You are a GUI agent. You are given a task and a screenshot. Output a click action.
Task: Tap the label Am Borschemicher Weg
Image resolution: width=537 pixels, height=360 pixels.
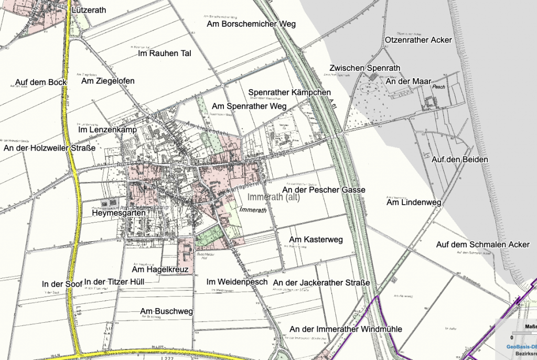point(251,24)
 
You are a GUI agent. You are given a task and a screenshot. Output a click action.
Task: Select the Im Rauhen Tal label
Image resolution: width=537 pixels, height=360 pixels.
point(164,54)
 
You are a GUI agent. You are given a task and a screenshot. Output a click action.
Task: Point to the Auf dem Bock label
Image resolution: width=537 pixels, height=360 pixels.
point(41,82)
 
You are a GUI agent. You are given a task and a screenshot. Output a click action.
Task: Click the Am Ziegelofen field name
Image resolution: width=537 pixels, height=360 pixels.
point(108,81)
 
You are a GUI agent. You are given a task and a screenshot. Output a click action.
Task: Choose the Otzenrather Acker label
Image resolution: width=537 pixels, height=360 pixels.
point(418,40)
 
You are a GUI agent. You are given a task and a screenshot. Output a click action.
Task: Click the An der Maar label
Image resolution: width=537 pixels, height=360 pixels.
point(408,81)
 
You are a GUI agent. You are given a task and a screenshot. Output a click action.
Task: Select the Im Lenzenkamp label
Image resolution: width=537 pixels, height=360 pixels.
point(107,129)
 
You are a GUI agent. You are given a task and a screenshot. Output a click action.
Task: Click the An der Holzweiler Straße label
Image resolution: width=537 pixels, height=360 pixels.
point(49,149)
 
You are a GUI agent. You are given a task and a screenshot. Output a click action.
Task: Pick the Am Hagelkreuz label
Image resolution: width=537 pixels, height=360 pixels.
point(156,270)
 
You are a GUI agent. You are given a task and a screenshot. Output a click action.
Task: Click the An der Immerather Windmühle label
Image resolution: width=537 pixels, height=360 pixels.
point(346,329)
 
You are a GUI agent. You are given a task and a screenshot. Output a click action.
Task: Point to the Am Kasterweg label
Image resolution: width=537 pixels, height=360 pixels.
point(316,240)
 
